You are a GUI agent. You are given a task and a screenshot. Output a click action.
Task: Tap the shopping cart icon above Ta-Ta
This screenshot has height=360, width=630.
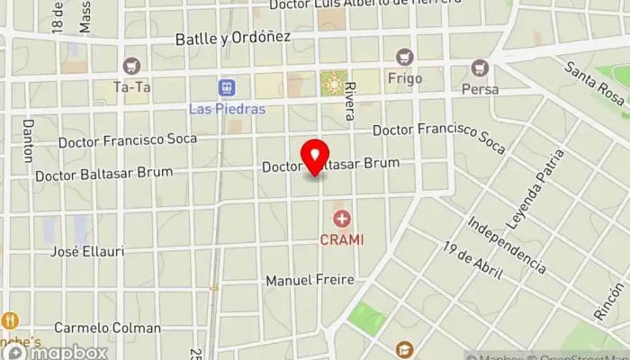(x=133, y=65)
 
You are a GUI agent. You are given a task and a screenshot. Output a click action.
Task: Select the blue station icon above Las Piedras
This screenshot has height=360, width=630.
(x=228, y=87)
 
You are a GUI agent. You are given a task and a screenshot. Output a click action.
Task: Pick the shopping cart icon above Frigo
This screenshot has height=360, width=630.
(x=404, y=56)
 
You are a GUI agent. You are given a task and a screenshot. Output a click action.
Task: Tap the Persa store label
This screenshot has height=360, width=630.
(x=479, y=89)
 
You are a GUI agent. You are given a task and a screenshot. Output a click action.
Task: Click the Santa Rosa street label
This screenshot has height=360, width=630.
(x=594, y=82)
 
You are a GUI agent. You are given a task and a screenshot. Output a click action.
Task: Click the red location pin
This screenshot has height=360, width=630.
(x=315, y=157)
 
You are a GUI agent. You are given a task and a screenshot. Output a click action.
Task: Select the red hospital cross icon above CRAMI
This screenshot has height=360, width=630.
(x=342, y=219)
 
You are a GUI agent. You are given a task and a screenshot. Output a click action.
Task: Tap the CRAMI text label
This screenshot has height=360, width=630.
(x=342, y=238)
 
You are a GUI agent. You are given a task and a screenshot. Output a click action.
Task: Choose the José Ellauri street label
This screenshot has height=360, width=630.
(x=87, y=251)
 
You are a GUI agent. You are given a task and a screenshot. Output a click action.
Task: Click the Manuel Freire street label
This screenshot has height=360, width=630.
(x=309, y=281)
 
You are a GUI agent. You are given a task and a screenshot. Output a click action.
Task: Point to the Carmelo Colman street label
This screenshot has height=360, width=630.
(x=107, y=328)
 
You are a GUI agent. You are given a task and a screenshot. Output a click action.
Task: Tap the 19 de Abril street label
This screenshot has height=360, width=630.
(x=472, y=262)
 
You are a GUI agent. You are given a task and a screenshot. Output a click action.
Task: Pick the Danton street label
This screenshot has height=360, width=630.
(x=27, y=140)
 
